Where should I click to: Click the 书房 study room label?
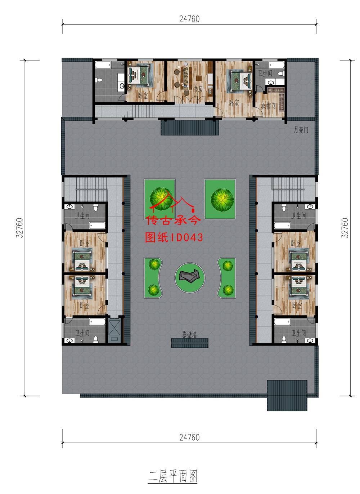tap(198, 89)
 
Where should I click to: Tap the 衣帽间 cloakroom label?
tap(268, 106)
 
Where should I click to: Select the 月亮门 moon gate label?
tap(301, 130)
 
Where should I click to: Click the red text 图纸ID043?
tap(174, 237)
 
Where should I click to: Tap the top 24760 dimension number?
tap(189, 19)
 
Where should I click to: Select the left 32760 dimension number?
tap(19, 228)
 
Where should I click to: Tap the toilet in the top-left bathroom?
tap(99, 80)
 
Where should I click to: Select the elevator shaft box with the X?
tap(114, 330)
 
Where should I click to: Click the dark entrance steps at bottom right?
tap(287, 395)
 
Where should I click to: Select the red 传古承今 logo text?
tap(174, 220)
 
